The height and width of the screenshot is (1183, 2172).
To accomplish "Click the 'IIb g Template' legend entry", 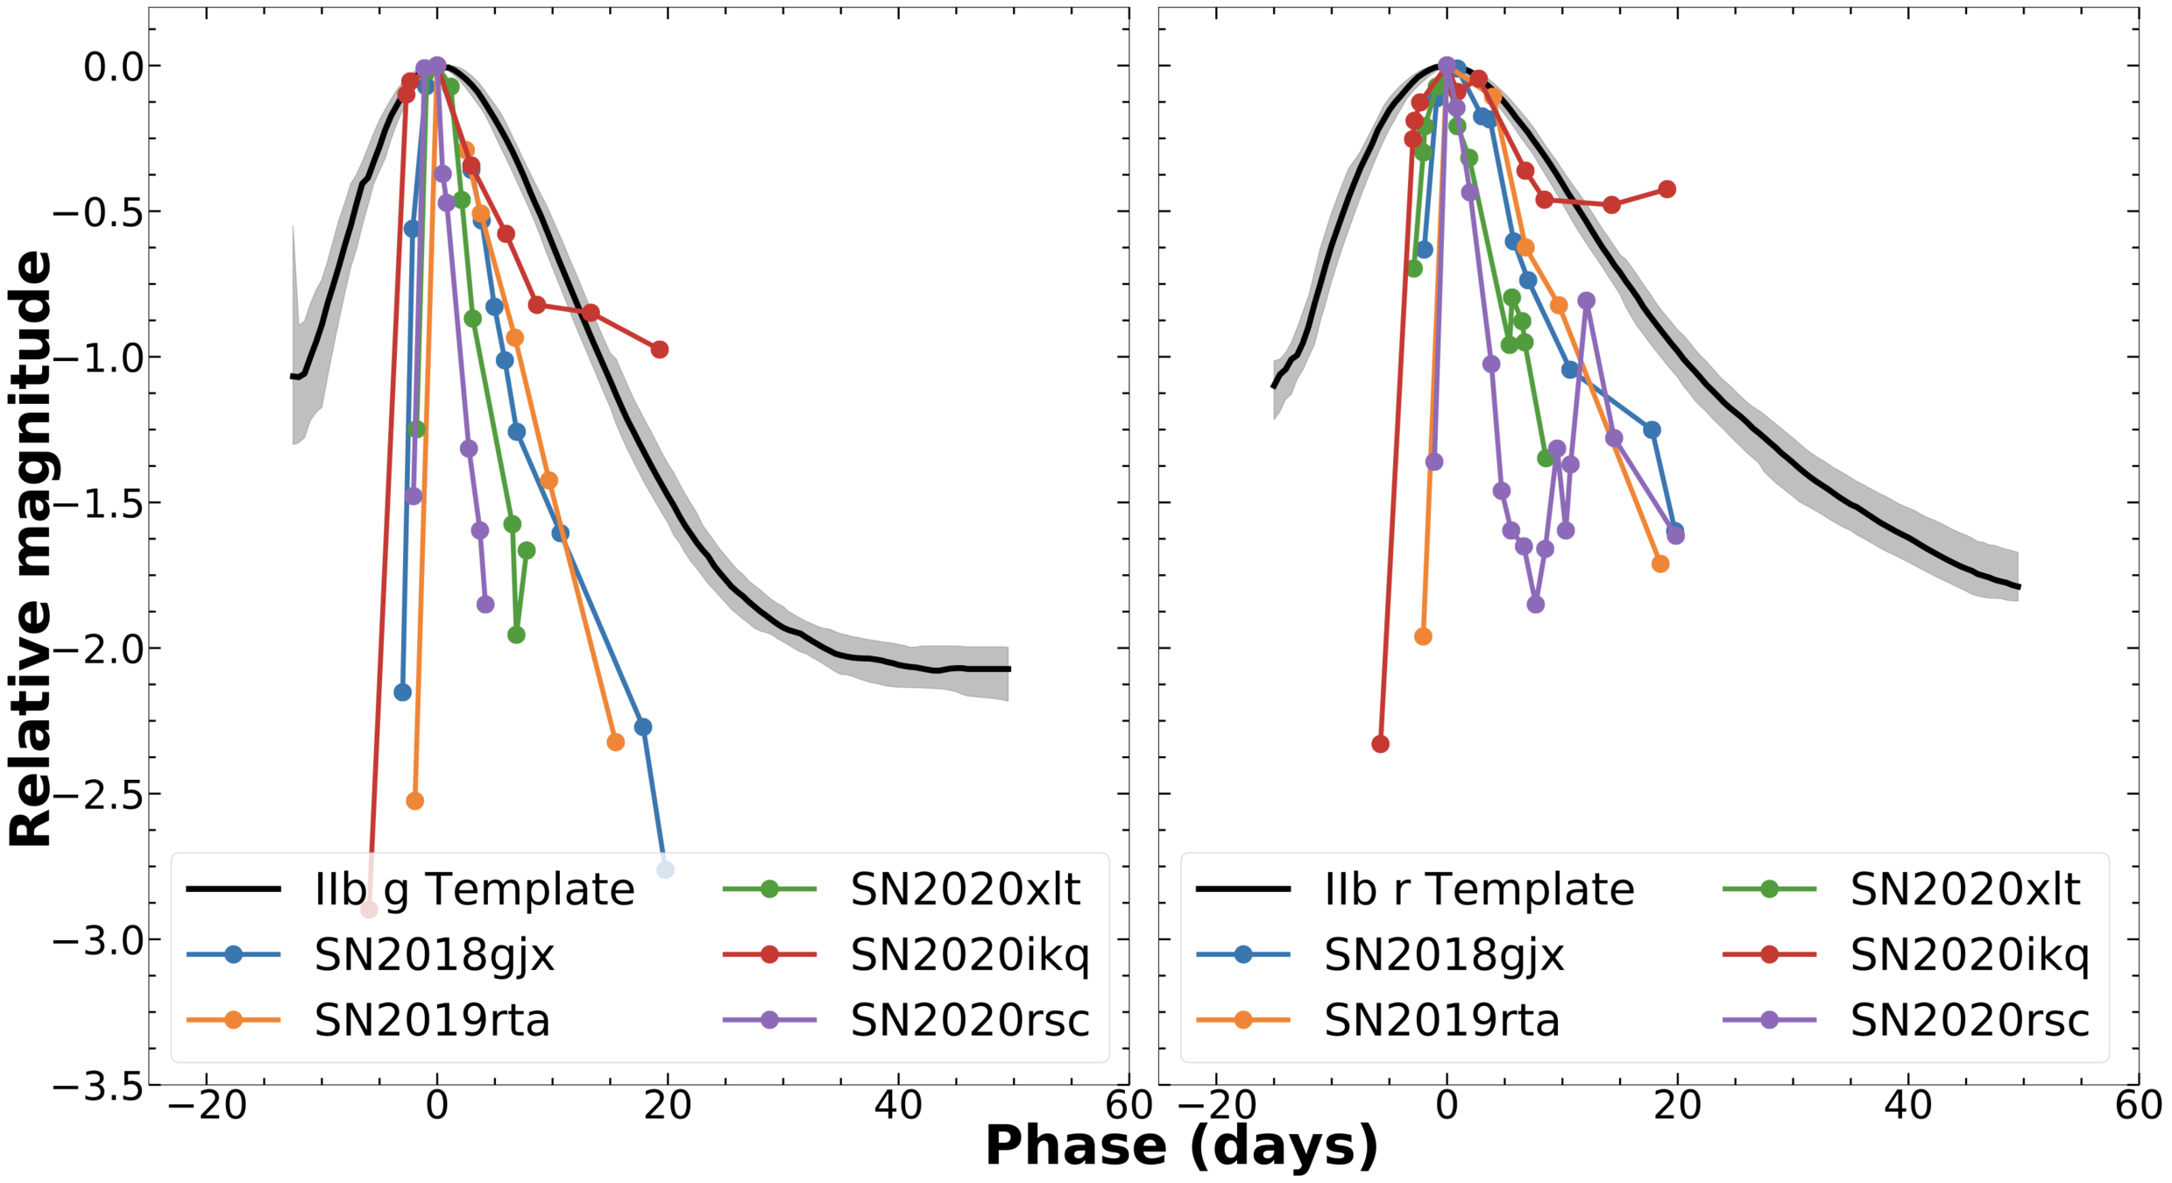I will pos(474,890).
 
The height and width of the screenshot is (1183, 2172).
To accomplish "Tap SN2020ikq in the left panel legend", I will pos(969,955).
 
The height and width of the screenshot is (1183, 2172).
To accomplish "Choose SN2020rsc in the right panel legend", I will pos(1969,1020).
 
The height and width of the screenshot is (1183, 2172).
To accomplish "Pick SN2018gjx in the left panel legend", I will pos(435,955).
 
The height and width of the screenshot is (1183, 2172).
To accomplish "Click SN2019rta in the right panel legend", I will pos(1441,1020).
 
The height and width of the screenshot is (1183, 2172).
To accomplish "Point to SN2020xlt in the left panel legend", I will pos(965,890).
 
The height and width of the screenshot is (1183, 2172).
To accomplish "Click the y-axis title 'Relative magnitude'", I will pos(32,548).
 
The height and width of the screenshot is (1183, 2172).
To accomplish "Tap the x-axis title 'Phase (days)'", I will pos(1181,1145).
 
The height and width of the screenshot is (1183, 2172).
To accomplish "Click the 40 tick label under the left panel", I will pos(898,1106).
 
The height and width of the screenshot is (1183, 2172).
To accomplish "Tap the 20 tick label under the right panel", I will pos(1677,1106).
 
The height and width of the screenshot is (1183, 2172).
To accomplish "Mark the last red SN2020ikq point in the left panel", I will pos(660,350).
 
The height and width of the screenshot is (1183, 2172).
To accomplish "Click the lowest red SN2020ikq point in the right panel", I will pos(1380,744).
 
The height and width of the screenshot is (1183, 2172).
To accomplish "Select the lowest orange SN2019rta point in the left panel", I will pos(415,801).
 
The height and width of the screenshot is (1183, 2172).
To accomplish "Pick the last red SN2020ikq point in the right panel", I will pos(1667,189).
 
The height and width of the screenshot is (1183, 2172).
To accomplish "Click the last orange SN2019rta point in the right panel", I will pos(1660,564).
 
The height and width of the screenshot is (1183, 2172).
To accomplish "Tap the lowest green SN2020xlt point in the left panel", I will pos(517,634).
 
